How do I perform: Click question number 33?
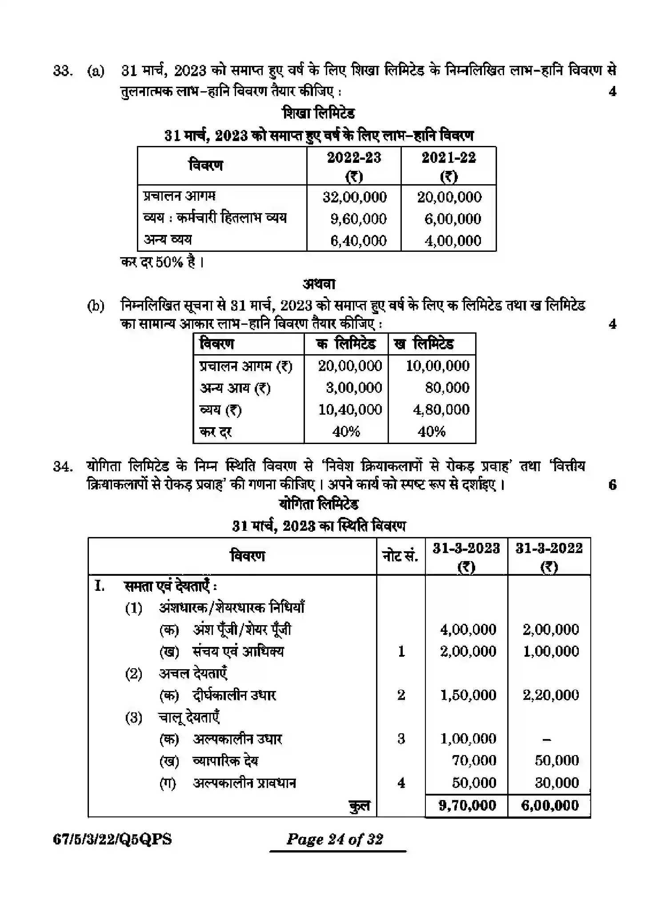[62, 71]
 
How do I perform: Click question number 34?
[62, 467]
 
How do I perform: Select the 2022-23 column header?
[354, 166]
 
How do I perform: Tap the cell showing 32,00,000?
[355, 197]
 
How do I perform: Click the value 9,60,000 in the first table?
[358, 219]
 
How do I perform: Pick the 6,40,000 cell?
[358, 241]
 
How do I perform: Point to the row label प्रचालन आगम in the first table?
[179, 196]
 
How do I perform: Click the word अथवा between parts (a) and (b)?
[319, 284]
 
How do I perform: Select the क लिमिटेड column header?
[346, 344]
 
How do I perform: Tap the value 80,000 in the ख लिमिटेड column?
[447, 388]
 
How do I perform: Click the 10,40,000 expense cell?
[350, 409]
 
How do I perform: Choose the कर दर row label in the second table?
[216, 432]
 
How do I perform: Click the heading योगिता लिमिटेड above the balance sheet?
[319, 505]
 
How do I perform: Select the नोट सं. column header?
[400, 556]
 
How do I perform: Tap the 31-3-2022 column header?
[549, 556]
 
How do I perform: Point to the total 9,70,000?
[467, 805]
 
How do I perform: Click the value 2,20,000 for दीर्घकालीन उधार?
[551, 695]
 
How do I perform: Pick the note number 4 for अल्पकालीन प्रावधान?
[401, 783]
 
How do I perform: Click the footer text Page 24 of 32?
[335, 840]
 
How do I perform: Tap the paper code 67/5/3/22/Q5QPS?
[112, 840]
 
